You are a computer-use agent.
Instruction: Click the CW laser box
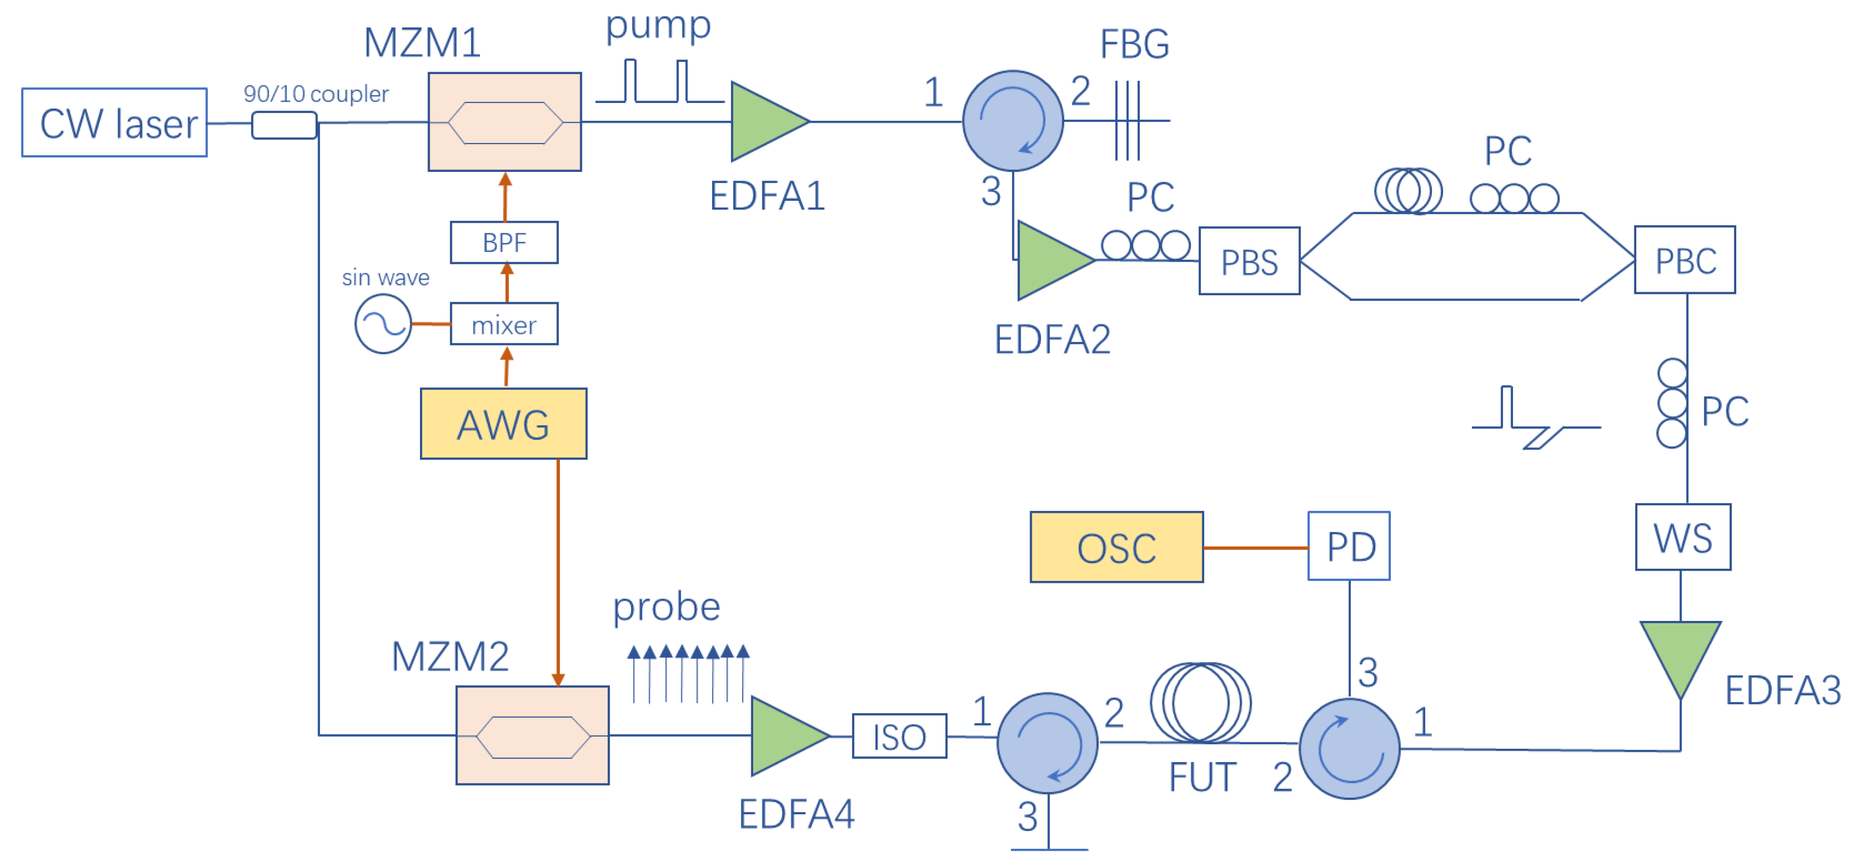tap(114, 123)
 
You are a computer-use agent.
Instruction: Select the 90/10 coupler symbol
tap(284, 125)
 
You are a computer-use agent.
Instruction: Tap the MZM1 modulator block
tap(504, 122)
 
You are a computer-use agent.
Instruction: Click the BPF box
tap(504, 242)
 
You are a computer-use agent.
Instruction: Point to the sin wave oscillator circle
tap(383, 325)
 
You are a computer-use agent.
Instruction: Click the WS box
tap(1682, 537)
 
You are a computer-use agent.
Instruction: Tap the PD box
tap(1348, 546)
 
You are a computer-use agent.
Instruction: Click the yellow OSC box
tap(1116, 547)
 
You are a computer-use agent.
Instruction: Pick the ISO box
tap(899, 736)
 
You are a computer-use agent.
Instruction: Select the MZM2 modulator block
tap(532, 735)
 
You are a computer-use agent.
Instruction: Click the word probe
tap(665, 607)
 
